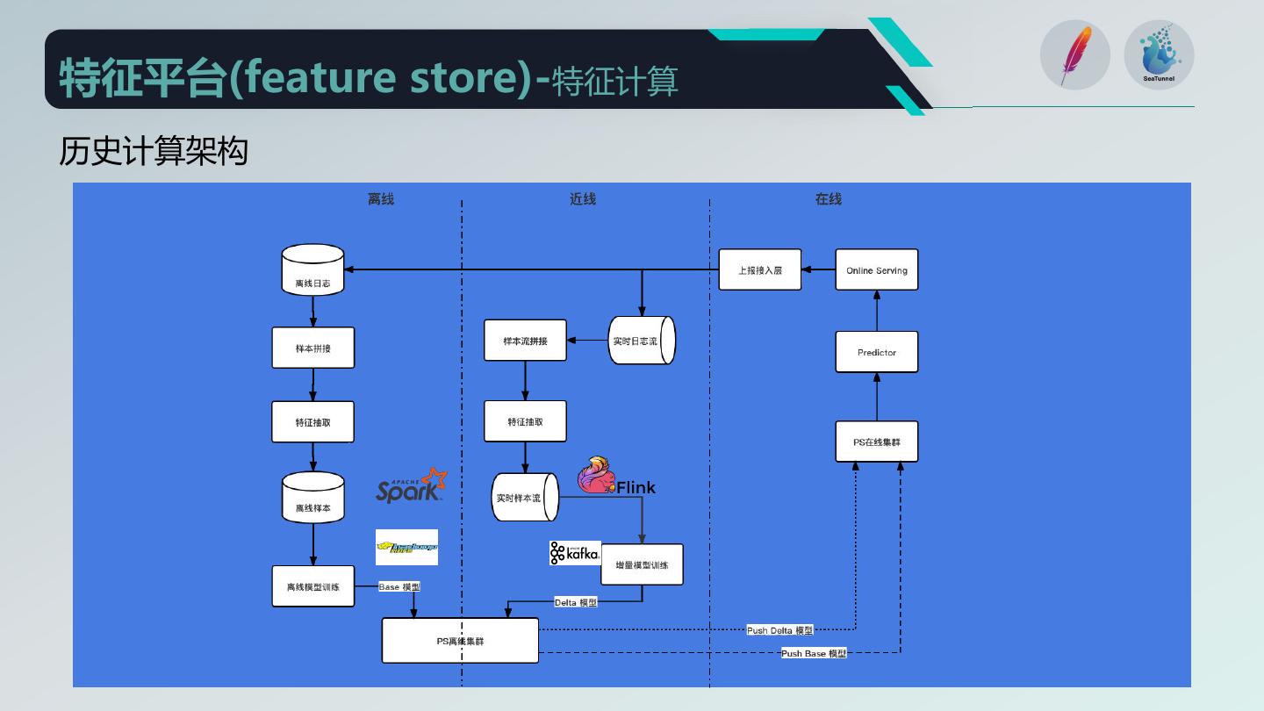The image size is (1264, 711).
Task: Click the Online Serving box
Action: click(876, 270)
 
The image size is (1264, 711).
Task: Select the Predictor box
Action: click(876, 352)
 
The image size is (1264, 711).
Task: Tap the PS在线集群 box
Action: click(876, 442)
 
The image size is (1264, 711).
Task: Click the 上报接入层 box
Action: click(760, 270)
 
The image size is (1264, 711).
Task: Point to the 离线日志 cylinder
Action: click(313, 270)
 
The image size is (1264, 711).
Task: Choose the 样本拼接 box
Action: click(313, 348)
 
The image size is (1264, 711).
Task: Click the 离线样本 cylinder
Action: click(313, 498)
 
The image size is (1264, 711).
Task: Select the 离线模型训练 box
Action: click(313, 585)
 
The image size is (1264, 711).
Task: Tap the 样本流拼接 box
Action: click(525, 341)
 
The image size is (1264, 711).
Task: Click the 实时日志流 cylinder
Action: click(642, 341)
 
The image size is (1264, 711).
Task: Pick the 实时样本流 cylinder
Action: click(525, 498)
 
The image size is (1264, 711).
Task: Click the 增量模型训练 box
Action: click(642, 564)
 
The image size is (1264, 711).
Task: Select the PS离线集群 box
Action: click(460, 641)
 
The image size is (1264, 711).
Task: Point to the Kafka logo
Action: click(575, 553)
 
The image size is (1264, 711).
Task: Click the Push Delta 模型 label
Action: click(779, 630)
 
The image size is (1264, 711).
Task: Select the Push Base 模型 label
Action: click(814, 653)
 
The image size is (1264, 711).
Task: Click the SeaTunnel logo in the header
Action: click(1159, 54)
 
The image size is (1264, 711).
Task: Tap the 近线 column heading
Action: click(583, 199)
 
